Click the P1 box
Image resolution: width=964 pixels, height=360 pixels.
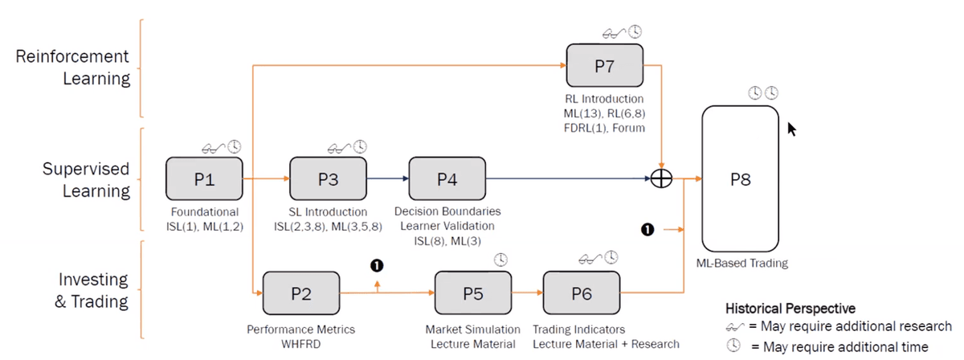click(x=204, y=179)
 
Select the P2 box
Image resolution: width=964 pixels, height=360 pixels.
click(x=301, y=293)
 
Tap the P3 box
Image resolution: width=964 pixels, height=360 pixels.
click(x=328, y=179)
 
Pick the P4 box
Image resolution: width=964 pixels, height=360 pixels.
click(x=447, y=179)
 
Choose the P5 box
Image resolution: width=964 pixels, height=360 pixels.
click(x=472, y=293)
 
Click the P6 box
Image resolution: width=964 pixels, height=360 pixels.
click(x=582, y=293)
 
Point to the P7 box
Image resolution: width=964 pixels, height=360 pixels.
click(x=605, y=66)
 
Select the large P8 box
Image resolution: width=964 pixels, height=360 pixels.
click(x=741, y=179)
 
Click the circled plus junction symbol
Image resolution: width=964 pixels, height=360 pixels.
click(x=660, y=179)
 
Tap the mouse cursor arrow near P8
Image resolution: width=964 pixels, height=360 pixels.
click(x=792, y=129)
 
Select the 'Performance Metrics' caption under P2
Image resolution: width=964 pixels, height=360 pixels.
click(x=300, y=329)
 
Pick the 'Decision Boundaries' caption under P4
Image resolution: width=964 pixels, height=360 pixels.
click(x=447, y=211)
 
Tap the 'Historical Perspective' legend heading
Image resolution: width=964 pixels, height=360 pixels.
click(x=790, y=308)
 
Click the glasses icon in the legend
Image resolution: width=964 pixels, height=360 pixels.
click(x=735, y=328)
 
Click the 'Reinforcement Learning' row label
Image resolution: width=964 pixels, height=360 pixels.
click(x=73, y=67)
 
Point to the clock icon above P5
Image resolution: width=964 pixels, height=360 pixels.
click(x=500, y=260)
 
